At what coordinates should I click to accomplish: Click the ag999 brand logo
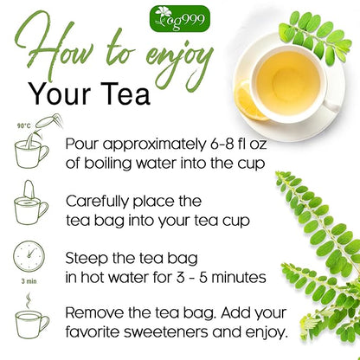(178, 16)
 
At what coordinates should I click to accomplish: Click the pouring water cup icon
(30, 151)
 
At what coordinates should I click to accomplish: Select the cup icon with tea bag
(30, 207)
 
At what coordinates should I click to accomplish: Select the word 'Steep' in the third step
(87, 258)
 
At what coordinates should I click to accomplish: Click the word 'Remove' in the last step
(96, 312)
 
